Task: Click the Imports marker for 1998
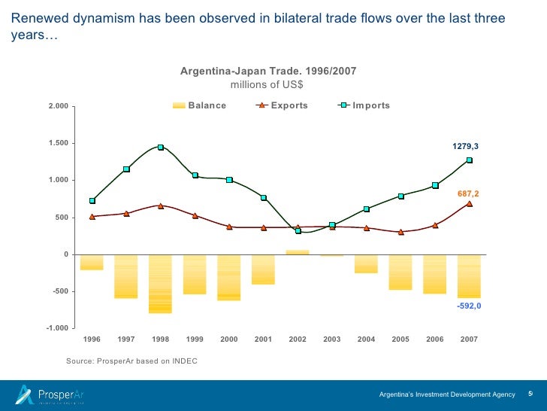point(161,148)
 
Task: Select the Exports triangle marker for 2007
point(469,203)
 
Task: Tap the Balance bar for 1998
point(161,284)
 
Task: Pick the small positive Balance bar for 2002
point(298,252)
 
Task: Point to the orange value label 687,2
point(467,193)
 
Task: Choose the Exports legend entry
point(283,105)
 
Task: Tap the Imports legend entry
point(364,105)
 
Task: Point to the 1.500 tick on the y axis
point(58,143)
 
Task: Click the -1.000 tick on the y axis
point(57,329)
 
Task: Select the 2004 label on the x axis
point(366,339)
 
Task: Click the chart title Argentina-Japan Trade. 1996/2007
point(268,71)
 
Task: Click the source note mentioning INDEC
point(131,361)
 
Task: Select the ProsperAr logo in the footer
point(50,394)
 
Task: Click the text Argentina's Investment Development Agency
point(447,394)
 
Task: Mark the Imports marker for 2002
point(298,231)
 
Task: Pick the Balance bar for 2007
point(469,276)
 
